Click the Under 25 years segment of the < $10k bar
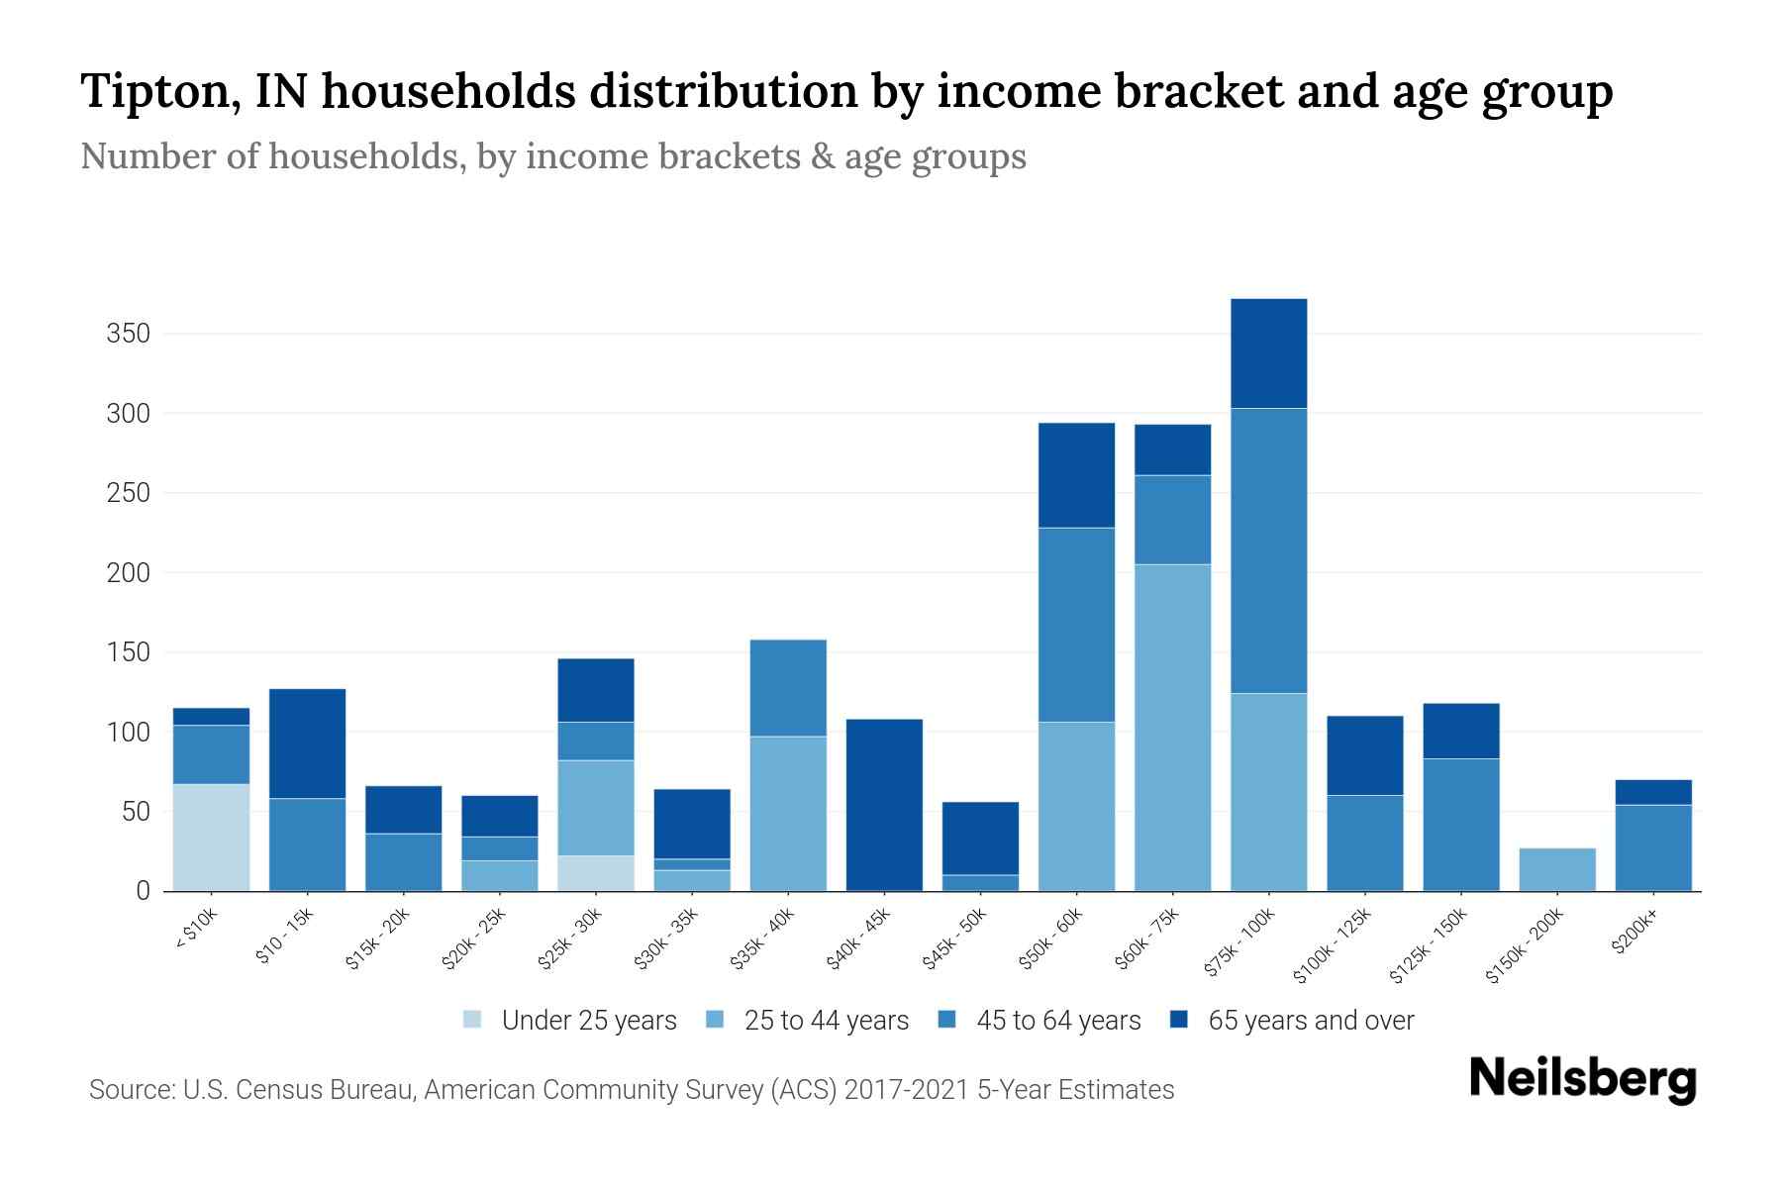click(x=211, y=838)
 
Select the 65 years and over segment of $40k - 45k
click(x=884, y=804)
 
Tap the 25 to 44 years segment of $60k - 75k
click(x=1172, y=728)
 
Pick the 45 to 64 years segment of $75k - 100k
click(x=1268, y=550)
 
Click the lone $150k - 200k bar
click(x=1556, y=869)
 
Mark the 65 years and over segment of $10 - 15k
click(x=307, y=742)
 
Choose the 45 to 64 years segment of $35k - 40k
click(x=788, y=688)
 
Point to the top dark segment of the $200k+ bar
click(x=1652, y=792)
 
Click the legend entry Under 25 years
click(x=588, y=1021)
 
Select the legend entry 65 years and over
click(x=1310, y=1021)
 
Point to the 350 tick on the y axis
click(x=129, y=334)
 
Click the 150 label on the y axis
click(x=129, y=652)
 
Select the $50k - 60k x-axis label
click(x=1051, y=940)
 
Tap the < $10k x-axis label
click(x=196, y=930)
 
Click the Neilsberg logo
click(x=1582, y=1079)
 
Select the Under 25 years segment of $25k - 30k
click(x=596, y=873)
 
